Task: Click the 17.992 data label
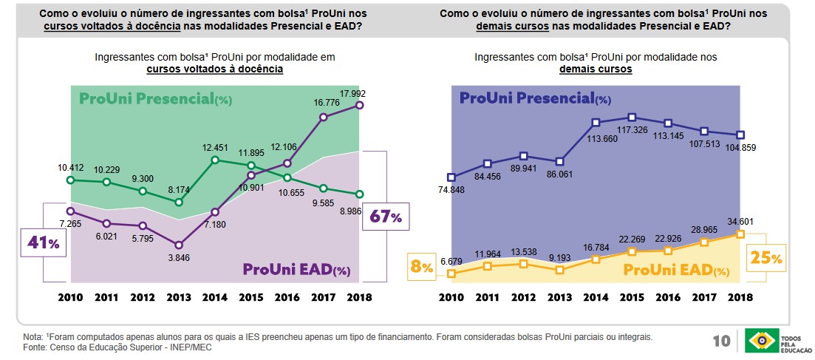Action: [x=354, y=94]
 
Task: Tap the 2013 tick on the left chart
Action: [x=178, y=297]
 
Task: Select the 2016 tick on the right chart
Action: [x=668, y=297]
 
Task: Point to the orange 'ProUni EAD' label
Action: [x=675, y=270]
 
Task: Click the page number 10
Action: [x=721, y=342]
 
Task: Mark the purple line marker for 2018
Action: [x=360, y=106]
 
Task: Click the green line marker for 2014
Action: [x=215, y=160]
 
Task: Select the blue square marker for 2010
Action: [x=451, y=177]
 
